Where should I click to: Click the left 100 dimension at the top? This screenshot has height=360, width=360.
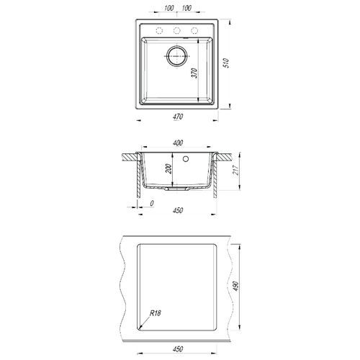pyautogui.click(x=169, y=8)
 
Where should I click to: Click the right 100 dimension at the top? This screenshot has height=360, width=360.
pyautogui.click(x=186, y=8)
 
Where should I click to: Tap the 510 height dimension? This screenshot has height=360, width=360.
pyautogui.click(x=227, y=63)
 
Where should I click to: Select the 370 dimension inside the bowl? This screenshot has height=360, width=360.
pyautogui.click(x=194, y=73)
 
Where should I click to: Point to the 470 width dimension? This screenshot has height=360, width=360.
pyautogui.click(x=178, y=117)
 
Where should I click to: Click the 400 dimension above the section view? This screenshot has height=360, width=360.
pyautogui.click(x=178, y=143)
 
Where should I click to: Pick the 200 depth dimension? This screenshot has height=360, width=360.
pyautogui.click(x=168, y=168)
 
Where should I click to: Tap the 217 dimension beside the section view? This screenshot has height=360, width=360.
pyautogui.click(x=236, y=170)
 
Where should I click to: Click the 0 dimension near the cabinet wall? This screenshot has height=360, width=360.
pyautogui.click(x=152, y=204)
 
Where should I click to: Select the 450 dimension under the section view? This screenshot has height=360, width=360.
pyautogui.click(x=178, y=210)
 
